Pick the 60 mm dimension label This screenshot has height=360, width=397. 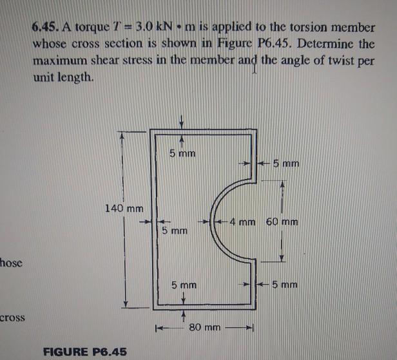(x=282, y=223)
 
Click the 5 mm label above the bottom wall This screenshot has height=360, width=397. (x=184, y=284)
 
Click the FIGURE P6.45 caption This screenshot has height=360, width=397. (x=84, y=351)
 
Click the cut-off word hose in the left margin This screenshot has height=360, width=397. (x=12, y=261)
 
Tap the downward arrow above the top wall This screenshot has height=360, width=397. (x=182, y=121)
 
